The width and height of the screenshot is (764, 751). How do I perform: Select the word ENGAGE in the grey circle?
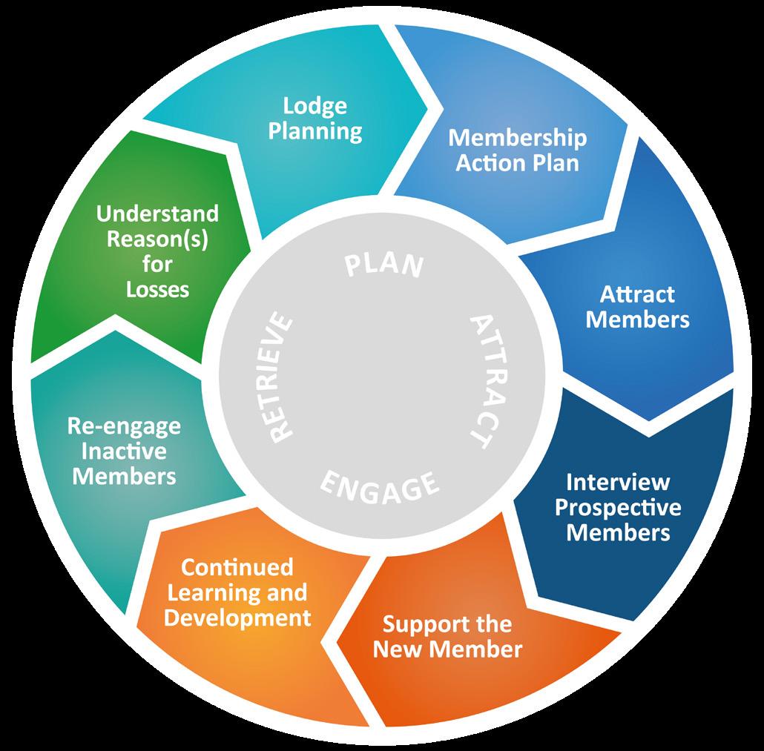pos(380,486)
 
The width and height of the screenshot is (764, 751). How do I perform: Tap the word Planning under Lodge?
pos(315,131)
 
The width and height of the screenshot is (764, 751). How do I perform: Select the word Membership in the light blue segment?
pos(518,138)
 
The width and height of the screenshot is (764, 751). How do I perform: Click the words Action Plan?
pos(517,162)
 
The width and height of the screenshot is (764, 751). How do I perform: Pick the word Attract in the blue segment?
pos(637,294)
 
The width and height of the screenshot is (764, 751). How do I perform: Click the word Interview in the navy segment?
pos(618,483)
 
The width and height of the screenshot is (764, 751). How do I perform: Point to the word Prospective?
pos(618,508)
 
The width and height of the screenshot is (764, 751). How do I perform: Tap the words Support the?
pos(447,624)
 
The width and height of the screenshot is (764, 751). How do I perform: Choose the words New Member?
pos(447,649)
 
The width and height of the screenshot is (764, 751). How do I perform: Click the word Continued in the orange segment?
pos(237,568)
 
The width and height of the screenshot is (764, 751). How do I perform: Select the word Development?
pos(237,618)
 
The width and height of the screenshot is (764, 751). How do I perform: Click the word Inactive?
pos(124,451)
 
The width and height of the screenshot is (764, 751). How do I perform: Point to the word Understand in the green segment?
pos(158,214)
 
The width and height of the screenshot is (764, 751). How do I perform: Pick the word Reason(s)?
pos(158,239)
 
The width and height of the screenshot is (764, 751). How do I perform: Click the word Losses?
pos(158,288)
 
